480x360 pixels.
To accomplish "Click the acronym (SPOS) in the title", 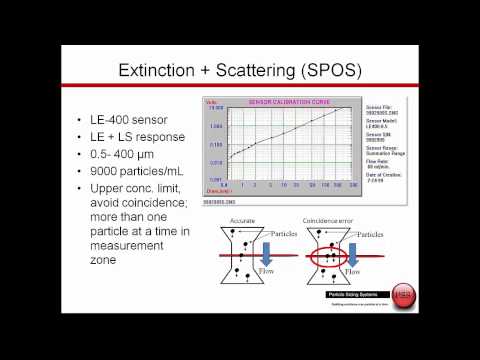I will pos(329,73).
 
